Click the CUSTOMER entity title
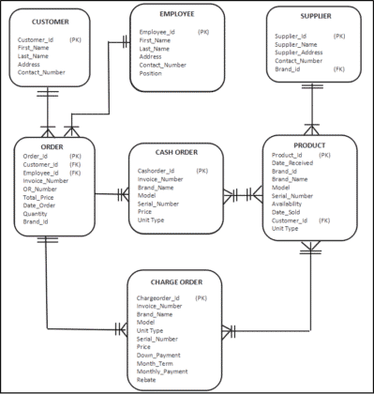(51, 21)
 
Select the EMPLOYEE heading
(176, 15)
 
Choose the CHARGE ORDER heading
(176, 280)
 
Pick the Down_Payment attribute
(157, 356)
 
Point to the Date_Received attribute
(292, 163)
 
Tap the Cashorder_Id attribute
(157, 171)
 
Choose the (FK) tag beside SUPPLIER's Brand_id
(338, 68)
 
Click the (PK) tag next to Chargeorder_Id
(201, 297)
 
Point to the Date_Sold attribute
(287, 212)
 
